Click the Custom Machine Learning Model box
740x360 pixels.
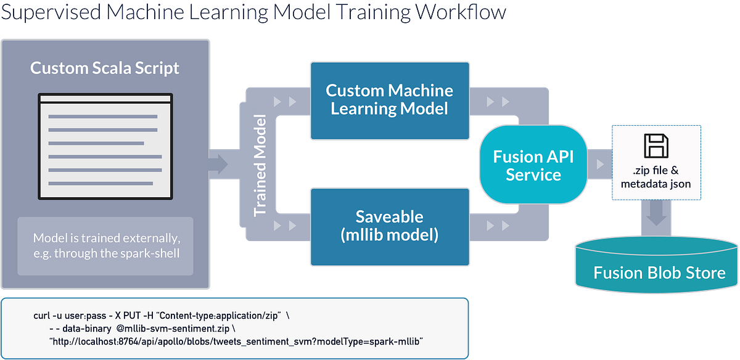(x=389, y=100)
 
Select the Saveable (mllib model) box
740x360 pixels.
(x=389, y=226)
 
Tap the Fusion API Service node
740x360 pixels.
(x=533, y=165)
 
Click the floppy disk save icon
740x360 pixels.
(x=656, y=146)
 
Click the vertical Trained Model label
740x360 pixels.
(x=260, y=165)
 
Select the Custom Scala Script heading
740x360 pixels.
(x=105, y=67)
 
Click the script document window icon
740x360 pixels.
(x=105, y=146)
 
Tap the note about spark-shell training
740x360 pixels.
(x=105, y=245)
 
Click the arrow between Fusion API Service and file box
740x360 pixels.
(x=598, y=165)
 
